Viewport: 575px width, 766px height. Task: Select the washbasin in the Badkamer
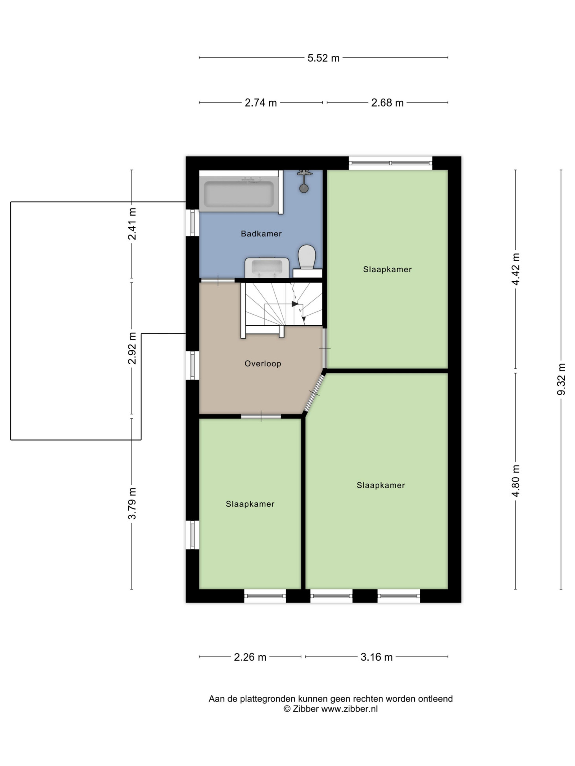point(267,268)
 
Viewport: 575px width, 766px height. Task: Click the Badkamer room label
point(261,234)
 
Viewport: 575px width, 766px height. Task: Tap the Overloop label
point(263,364)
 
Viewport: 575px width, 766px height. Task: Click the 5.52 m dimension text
point(323,58)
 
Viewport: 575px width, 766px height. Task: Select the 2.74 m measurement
point(261,103)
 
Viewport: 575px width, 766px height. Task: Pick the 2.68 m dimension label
point(388,103)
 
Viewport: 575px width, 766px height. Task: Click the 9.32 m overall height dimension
point(561,379)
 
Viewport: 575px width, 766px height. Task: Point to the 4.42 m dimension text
point(516,269)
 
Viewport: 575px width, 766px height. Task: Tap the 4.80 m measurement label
point(516,481)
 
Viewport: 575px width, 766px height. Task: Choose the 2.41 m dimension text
point(132,224)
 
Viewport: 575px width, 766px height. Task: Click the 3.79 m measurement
point(132,504)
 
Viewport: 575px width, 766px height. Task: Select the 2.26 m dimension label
point(250,657)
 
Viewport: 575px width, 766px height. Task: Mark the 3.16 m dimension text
point(377,657)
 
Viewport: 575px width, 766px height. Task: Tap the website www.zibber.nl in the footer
point(350,709)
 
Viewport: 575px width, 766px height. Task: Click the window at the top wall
point(391,163)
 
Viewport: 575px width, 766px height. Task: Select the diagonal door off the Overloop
point(314,392)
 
